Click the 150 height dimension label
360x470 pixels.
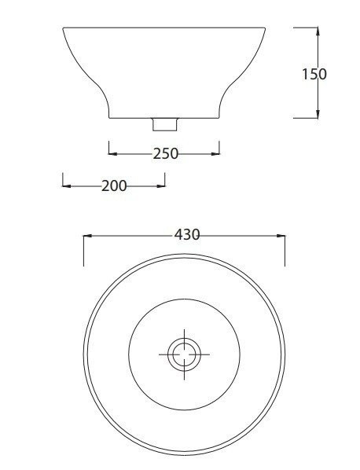pyautogui.click(x=314, y=74)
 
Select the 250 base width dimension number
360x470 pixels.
pyautogui.click(x=165, y=153)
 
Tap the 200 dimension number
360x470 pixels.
pyautogui.click(x=114, y=186)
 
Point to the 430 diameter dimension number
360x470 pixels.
pyautogui.click(x=186, y=234)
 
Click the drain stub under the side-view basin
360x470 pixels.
pyautogui.click(x=164, y=123)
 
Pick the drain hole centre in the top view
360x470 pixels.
pyautogui.click(x=184, y=354)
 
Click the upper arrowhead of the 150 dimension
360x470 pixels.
pyautogui.click(x=317, y=31)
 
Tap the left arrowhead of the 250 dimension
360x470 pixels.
pyautogui.click(x=112, y=153)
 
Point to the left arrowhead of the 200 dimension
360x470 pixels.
pyautogui.click(x=66, y=186)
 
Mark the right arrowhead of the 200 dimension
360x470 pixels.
pyautogui.click(x=162, y=186)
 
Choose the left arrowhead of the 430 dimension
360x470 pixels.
pyautogui.click(x=87, y=235)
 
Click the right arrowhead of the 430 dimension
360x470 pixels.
pyautogui.click(x=281, y=235)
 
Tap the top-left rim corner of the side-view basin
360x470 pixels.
pyautogui.click(x=63, y=28)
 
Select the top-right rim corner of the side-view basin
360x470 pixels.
pyautogui.click(x=266, y=28)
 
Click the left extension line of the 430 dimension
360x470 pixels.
pyautogui.click(x=83, y=250)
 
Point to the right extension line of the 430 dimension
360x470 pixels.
pyautogui.click(x=285, y=250)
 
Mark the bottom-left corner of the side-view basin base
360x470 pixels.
pyautogui.click(x=109, y=118)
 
